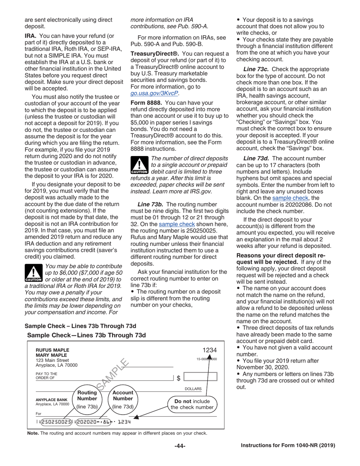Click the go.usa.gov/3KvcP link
(x=154, y=93)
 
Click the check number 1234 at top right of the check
(x=210, y=350)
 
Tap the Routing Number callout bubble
(x=87, y=399)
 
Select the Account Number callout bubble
(x=123, y=399)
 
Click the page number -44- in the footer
(x=180, y=446)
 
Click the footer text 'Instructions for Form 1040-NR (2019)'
(x=288, y=446)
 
